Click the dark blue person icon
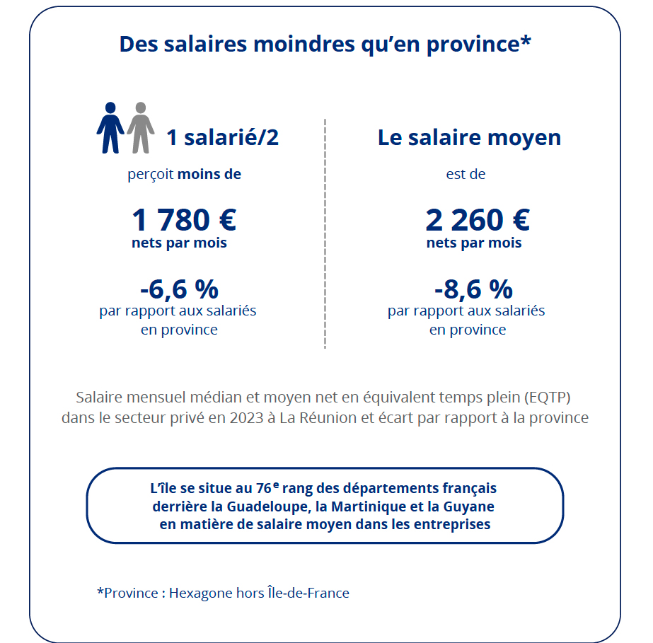click(110, 127)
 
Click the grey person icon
click(141, 127)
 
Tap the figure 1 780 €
click(183, 220)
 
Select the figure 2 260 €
click(478, 220)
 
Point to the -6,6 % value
click(179, 289)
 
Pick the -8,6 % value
click(473, 289)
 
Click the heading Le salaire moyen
click(469, 137)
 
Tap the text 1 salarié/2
click(222, 137)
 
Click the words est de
click(466, 174)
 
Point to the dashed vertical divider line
click(325, 233)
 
